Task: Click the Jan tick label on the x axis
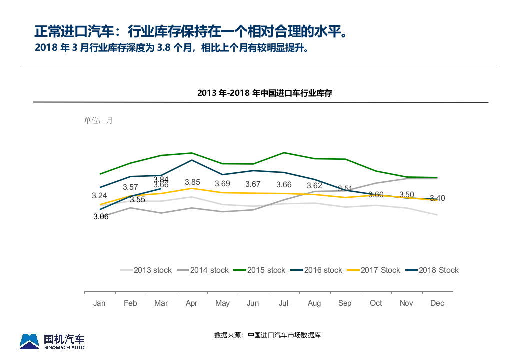pos(99,303)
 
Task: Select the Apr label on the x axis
pos(192,303)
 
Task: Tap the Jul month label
pos(283,303)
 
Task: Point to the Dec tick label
pos(437,303)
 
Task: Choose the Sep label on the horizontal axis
pos(345,303)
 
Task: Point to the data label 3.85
pos(192,183)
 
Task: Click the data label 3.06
pos(101,217)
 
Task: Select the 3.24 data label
pos(99,196)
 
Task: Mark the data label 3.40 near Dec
pos(437,198)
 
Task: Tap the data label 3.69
pos(222,184)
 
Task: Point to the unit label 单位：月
pos(98,121)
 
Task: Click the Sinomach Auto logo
pos(52,341)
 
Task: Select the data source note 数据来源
pos(267,335)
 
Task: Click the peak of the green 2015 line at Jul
pos(284,153)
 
